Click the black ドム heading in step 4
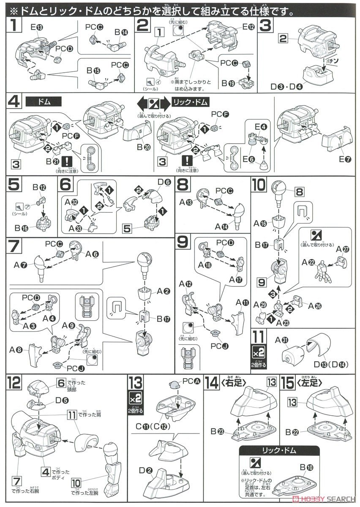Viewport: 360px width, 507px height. (x=44, y=102)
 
